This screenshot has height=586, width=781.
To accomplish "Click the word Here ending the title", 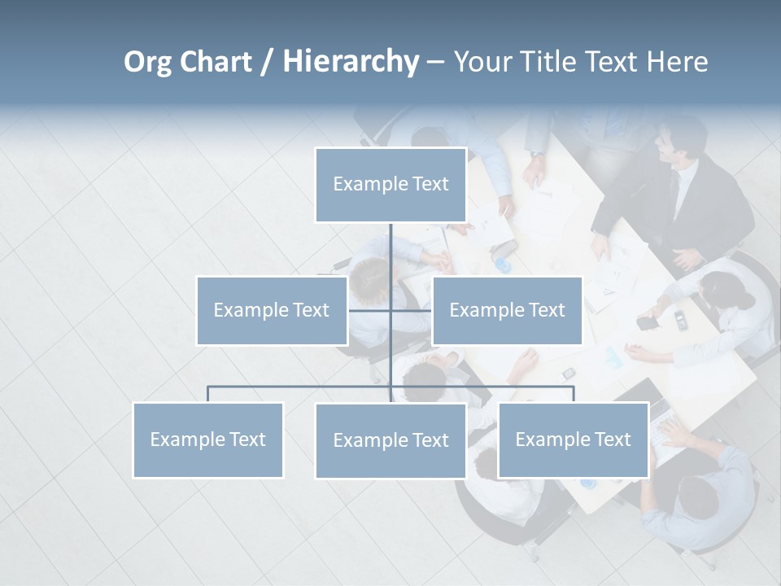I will [677, 62].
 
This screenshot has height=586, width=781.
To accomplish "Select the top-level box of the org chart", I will [390, 185].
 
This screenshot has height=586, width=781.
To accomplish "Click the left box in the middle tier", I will [272, 310].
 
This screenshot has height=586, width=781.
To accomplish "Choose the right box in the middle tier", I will [507, 310].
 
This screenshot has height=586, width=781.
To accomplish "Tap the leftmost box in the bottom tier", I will [208, 439].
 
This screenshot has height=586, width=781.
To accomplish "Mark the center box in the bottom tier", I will [390, 440].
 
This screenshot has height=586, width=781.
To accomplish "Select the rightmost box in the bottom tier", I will [573, 439].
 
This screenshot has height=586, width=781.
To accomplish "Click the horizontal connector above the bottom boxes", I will [301, 387].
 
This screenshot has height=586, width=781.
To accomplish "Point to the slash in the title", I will [267, 62].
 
